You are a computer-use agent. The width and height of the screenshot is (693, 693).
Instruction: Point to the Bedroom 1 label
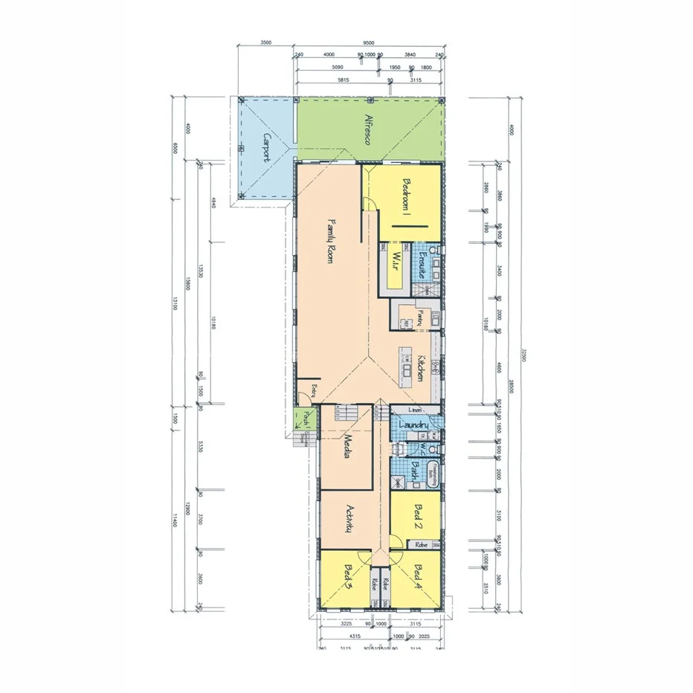pyautogui.click(x=407, y=196)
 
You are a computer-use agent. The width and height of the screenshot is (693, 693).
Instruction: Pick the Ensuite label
pyautogui.click(x=421, y=265)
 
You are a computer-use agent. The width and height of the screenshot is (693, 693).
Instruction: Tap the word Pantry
pyautogui.click(x=420, y=318)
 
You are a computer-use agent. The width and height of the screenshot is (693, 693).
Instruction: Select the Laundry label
pyautogui.click(x=411, y=425)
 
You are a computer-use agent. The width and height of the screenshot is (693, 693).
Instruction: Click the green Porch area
pyautogui.click(x=305, y=418)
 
